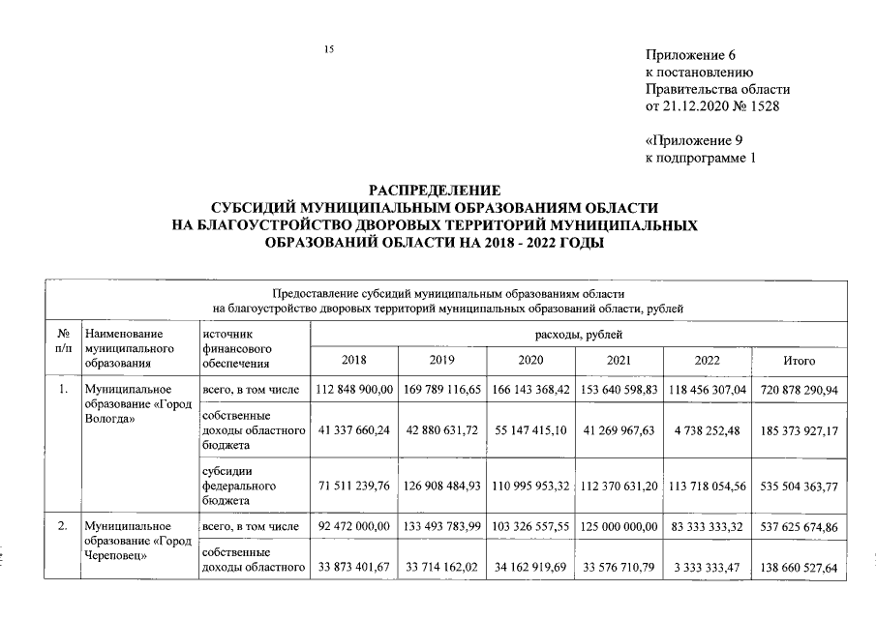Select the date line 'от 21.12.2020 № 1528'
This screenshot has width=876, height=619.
click(x=711, y=104)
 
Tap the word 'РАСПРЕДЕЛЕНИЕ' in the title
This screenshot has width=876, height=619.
click(x=435, y=191)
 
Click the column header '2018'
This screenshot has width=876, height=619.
click(x=354, y=361)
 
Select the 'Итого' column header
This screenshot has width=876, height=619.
click(x=799, y=361)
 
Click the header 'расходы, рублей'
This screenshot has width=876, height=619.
click(x=578, y=334)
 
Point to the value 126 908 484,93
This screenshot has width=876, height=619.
click(x=442, y=485)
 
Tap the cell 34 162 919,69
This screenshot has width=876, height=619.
click(x=530, y=567)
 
